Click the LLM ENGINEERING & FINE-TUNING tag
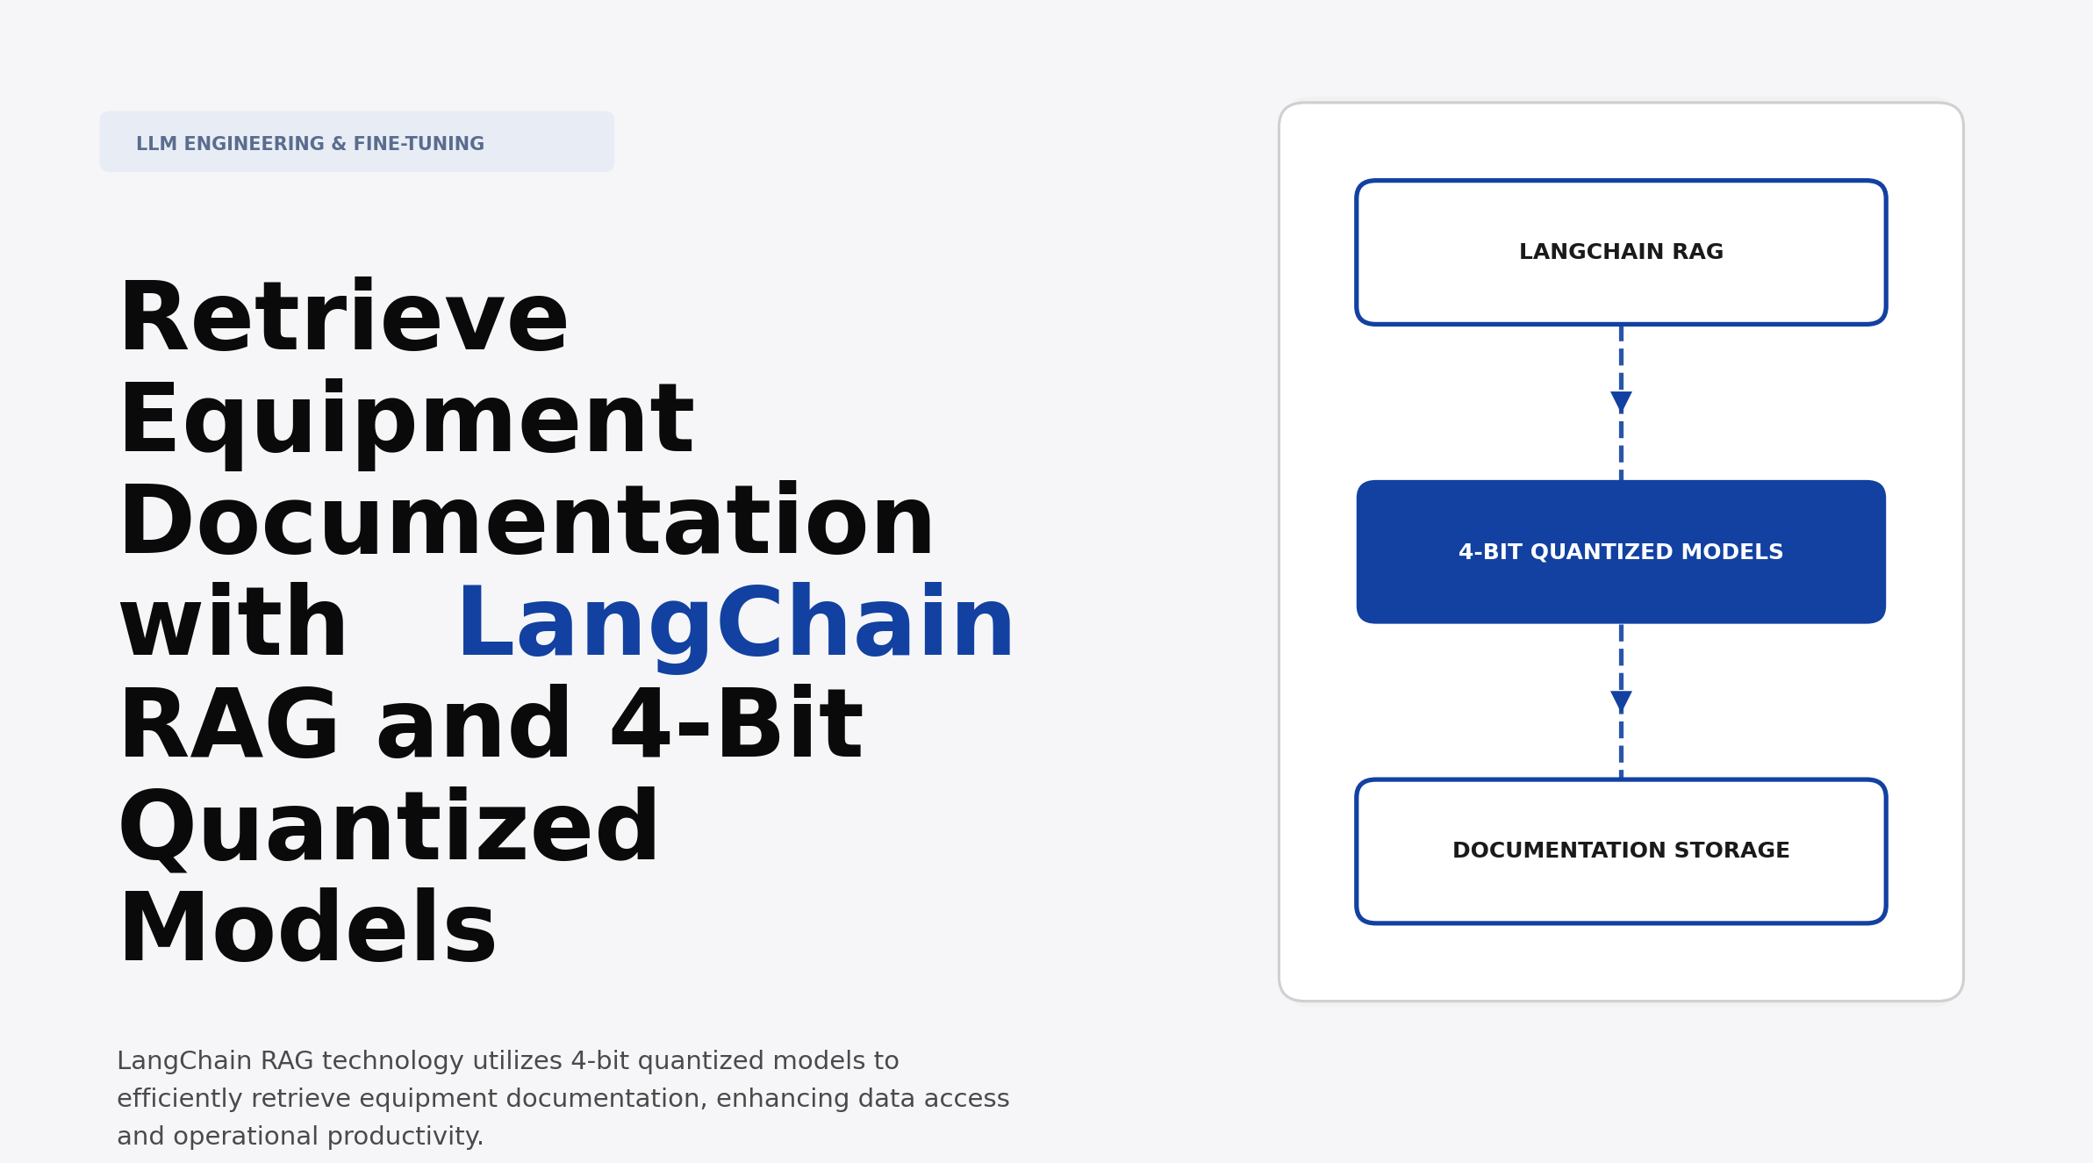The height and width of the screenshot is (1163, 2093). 356,142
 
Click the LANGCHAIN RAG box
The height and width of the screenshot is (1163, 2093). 1620,253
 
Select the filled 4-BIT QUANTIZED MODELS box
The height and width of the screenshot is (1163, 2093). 1620,552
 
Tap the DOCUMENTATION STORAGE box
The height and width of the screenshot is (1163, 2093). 1620,851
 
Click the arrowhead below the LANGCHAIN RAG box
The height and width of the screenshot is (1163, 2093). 1620,401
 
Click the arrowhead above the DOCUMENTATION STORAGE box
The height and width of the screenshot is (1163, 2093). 1620,700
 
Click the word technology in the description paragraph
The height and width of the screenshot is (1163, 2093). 392,1061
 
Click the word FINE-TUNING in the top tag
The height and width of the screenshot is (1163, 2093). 419,144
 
